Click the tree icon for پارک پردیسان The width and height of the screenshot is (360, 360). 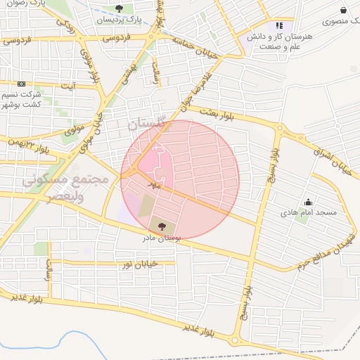click(117, 9)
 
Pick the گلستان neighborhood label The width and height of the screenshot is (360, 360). click(149, 124)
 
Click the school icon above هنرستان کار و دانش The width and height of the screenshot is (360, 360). click(279, 25)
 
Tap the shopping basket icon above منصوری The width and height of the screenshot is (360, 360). click(343, 11)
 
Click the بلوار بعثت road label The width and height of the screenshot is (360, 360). click(214, 112)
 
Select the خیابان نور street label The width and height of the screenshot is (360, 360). click(138, 264)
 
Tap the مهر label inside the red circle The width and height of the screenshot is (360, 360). click(155, 184)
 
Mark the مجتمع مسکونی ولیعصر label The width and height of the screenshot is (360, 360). click(65, 188)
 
